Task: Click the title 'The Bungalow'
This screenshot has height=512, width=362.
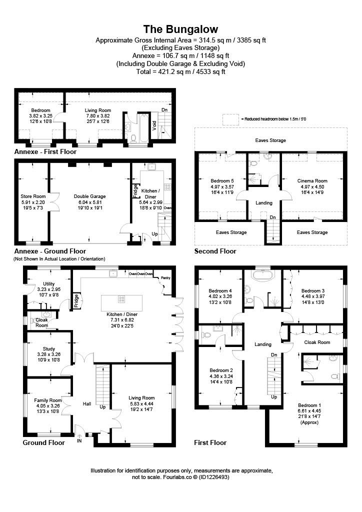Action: [180, 29]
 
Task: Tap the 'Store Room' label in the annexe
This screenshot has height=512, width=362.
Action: [33, 196]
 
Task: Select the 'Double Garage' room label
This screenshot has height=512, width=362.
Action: [89, 196]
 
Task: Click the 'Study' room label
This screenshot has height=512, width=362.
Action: [49, 349]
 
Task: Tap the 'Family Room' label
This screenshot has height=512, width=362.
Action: [48, 400]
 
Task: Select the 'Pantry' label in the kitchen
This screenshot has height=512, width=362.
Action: [164, 278]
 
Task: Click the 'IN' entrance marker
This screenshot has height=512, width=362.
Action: [79, 441]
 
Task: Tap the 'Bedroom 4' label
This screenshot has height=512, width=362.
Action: [220, 290]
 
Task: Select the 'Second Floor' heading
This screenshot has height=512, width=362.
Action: [215, 251]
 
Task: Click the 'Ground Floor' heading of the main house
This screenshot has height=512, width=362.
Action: [43, 442]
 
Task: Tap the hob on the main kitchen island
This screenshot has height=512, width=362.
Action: [121, 299]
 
